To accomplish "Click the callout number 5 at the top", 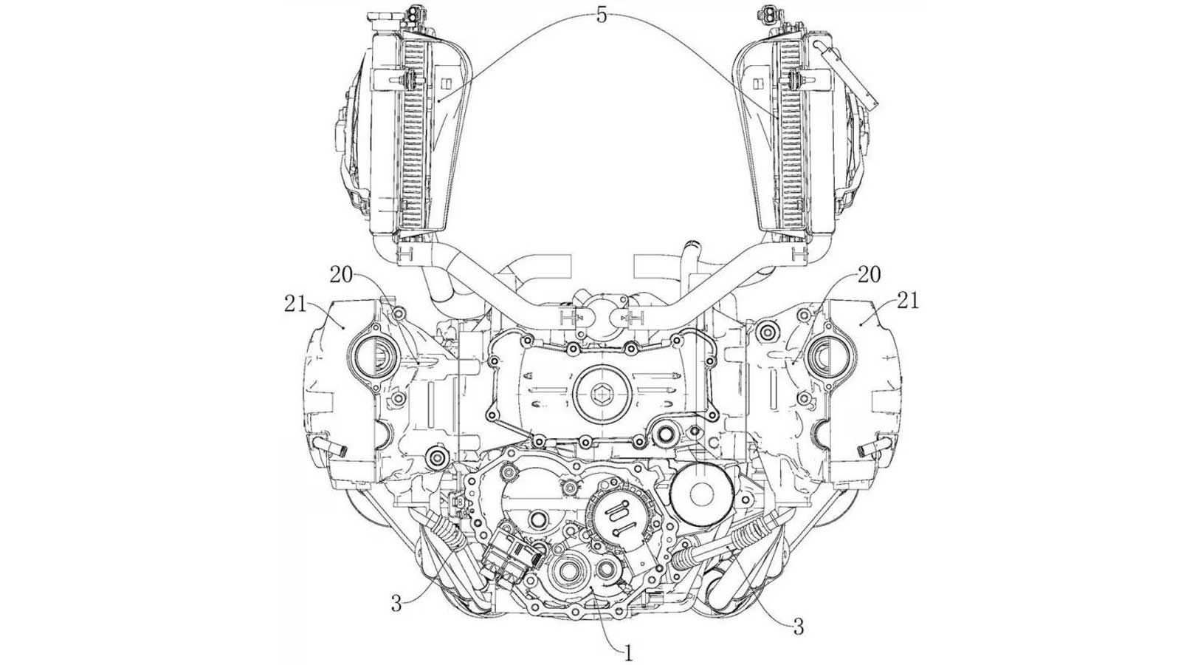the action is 602,16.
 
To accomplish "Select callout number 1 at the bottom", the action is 627,652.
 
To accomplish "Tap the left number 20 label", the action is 342,274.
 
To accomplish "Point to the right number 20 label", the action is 869,274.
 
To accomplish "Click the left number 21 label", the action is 295,304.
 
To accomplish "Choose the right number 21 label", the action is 907,301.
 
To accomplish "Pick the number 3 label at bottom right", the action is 799,627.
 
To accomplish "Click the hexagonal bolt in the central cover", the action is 602,392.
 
